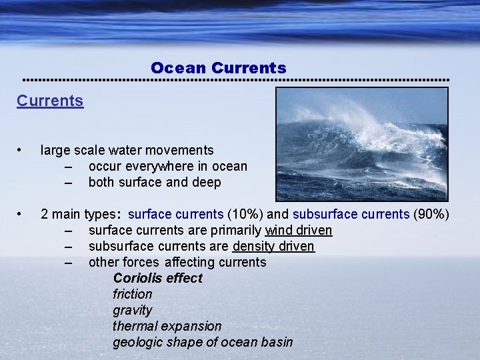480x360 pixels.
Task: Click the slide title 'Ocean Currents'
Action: click(218, 68)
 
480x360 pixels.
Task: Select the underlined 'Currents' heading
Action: click(50, 101)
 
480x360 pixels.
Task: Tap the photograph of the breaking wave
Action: click(362, 144)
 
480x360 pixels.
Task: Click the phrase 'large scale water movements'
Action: click(127, 151)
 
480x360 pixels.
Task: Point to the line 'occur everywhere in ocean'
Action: click(167, 167)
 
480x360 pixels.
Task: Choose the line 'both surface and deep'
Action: click(154, 183)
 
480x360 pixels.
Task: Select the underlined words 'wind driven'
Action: click(299, 231)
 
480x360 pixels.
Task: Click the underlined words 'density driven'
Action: click(273, 247)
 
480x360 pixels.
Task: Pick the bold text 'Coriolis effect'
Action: click(157, 279)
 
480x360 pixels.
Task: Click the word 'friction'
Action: click(132, 294)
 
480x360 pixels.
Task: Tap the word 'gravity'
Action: click(132, 311)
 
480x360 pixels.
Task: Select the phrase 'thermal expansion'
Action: click(167, 327)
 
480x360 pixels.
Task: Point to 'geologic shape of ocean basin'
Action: click(203, 343)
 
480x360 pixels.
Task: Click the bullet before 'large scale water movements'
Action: click(21, 151)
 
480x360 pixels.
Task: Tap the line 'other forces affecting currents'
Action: click(177, 263)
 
